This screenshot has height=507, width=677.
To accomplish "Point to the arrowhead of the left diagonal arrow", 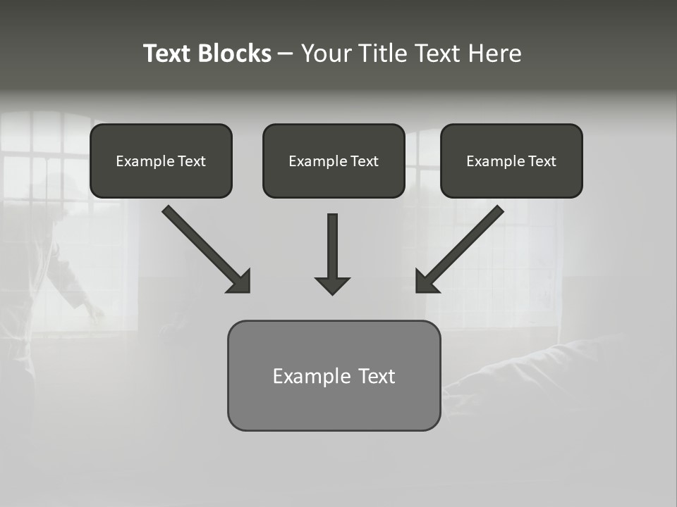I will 240,282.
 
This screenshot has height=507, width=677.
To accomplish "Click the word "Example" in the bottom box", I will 311,376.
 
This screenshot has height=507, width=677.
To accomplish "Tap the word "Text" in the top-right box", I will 542,161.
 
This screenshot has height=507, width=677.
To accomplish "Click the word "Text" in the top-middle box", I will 364,161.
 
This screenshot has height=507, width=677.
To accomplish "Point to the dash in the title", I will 286,54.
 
